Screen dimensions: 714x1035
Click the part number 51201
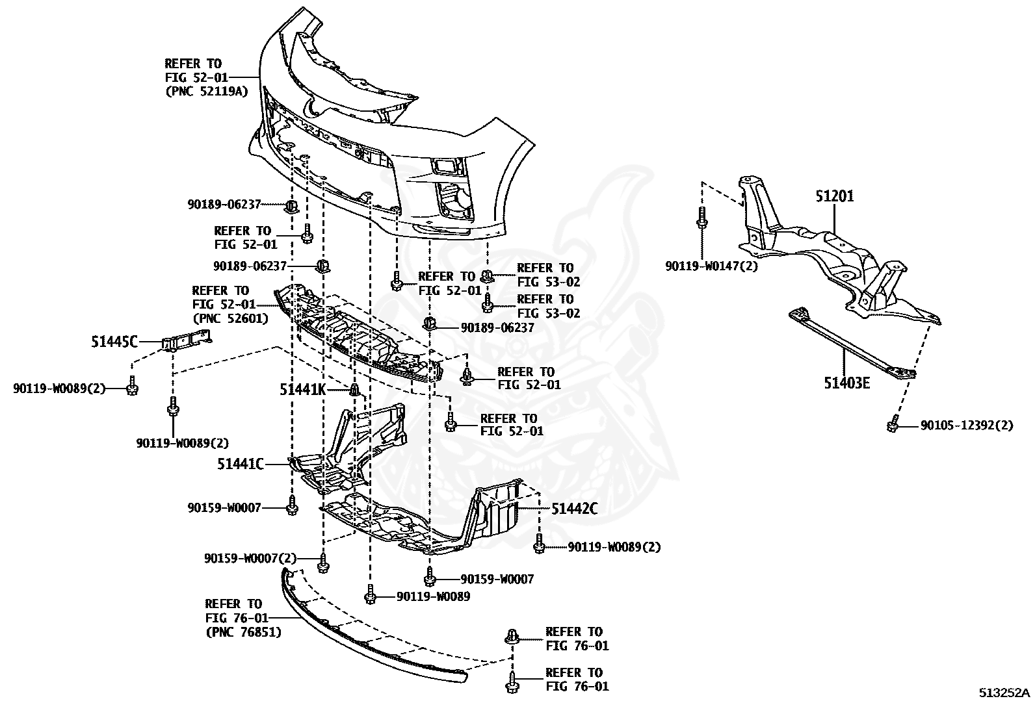coord(835,196)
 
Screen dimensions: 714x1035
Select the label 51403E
coord(846,383)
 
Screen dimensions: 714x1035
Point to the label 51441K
coord(302,389)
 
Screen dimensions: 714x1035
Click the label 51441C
coord(241,464)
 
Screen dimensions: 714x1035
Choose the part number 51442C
coord(575,509)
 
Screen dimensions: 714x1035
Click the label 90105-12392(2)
coord(966,426)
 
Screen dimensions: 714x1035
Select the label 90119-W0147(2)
coord(711,266)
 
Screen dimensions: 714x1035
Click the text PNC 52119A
coord(207,91)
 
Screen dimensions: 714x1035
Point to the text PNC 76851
coord(244,631)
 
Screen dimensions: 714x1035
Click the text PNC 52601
coord(231,318)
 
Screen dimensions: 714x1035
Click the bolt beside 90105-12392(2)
coord(893,424)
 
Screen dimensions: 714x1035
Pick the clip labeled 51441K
coord(355,390)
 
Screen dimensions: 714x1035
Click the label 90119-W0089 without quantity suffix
coord(433,596)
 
